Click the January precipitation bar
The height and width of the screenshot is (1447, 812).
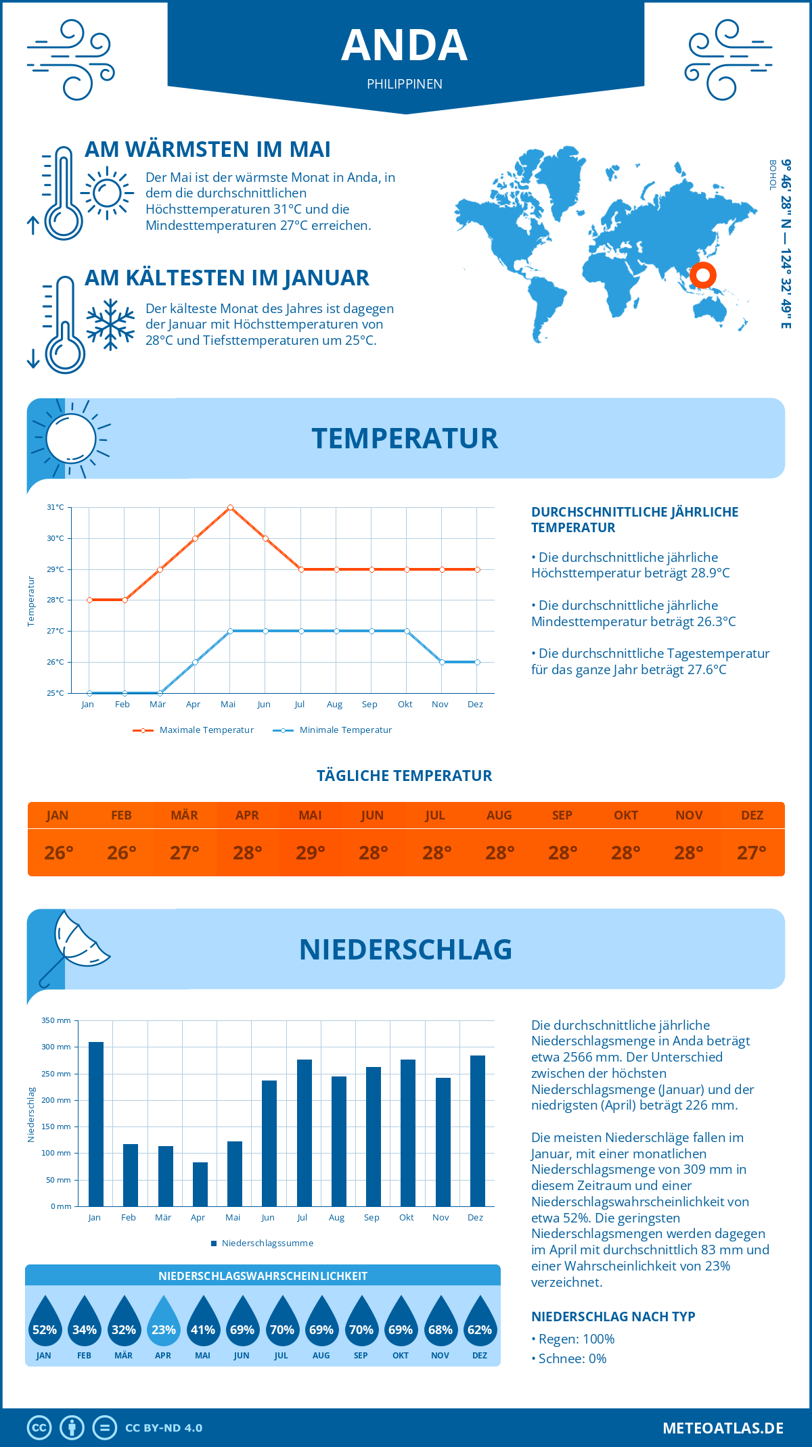coord(96,1124)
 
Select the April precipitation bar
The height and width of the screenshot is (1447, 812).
coord(200,1184)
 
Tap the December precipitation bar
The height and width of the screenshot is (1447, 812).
coord(478,1131)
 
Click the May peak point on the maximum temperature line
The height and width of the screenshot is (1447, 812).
coord(231,507)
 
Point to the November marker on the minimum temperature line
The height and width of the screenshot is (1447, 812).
coord(442,662)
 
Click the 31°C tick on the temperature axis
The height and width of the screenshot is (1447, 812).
coord(55,507)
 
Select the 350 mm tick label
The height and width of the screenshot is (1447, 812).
coord(56,1020)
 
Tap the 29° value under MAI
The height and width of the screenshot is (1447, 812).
coord(311,853)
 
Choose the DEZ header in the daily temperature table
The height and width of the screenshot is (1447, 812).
coord(752,815)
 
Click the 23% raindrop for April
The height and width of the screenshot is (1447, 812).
coord(164,1323)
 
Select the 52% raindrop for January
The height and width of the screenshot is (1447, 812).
coord(45,1323)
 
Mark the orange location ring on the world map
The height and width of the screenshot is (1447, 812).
coord(703,275)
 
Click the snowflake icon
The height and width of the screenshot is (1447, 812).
coord(110,324)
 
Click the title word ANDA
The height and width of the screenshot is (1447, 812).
coord(405,45)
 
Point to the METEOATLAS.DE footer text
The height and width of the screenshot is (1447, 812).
coord(723,1428)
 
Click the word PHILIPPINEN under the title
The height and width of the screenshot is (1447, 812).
coord(405,84)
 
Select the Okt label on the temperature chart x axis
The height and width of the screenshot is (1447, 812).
coord(405,705)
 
